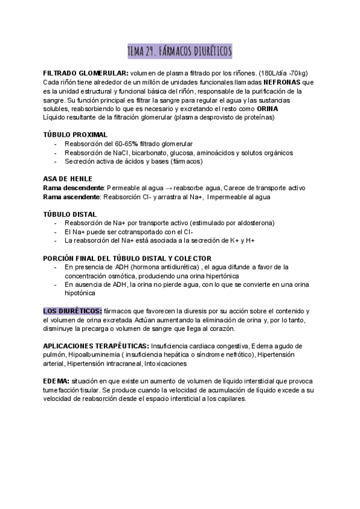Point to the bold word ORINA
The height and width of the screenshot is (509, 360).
tap(267, 109)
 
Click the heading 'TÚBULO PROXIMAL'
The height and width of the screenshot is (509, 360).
tap(76, 134)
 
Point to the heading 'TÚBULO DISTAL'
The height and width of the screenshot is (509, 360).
tap(71, 214)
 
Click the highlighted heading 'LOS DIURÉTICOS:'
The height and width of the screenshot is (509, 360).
tap(72, 311)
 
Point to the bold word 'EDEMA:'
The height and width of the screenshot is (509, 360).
tap(56, 381)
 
